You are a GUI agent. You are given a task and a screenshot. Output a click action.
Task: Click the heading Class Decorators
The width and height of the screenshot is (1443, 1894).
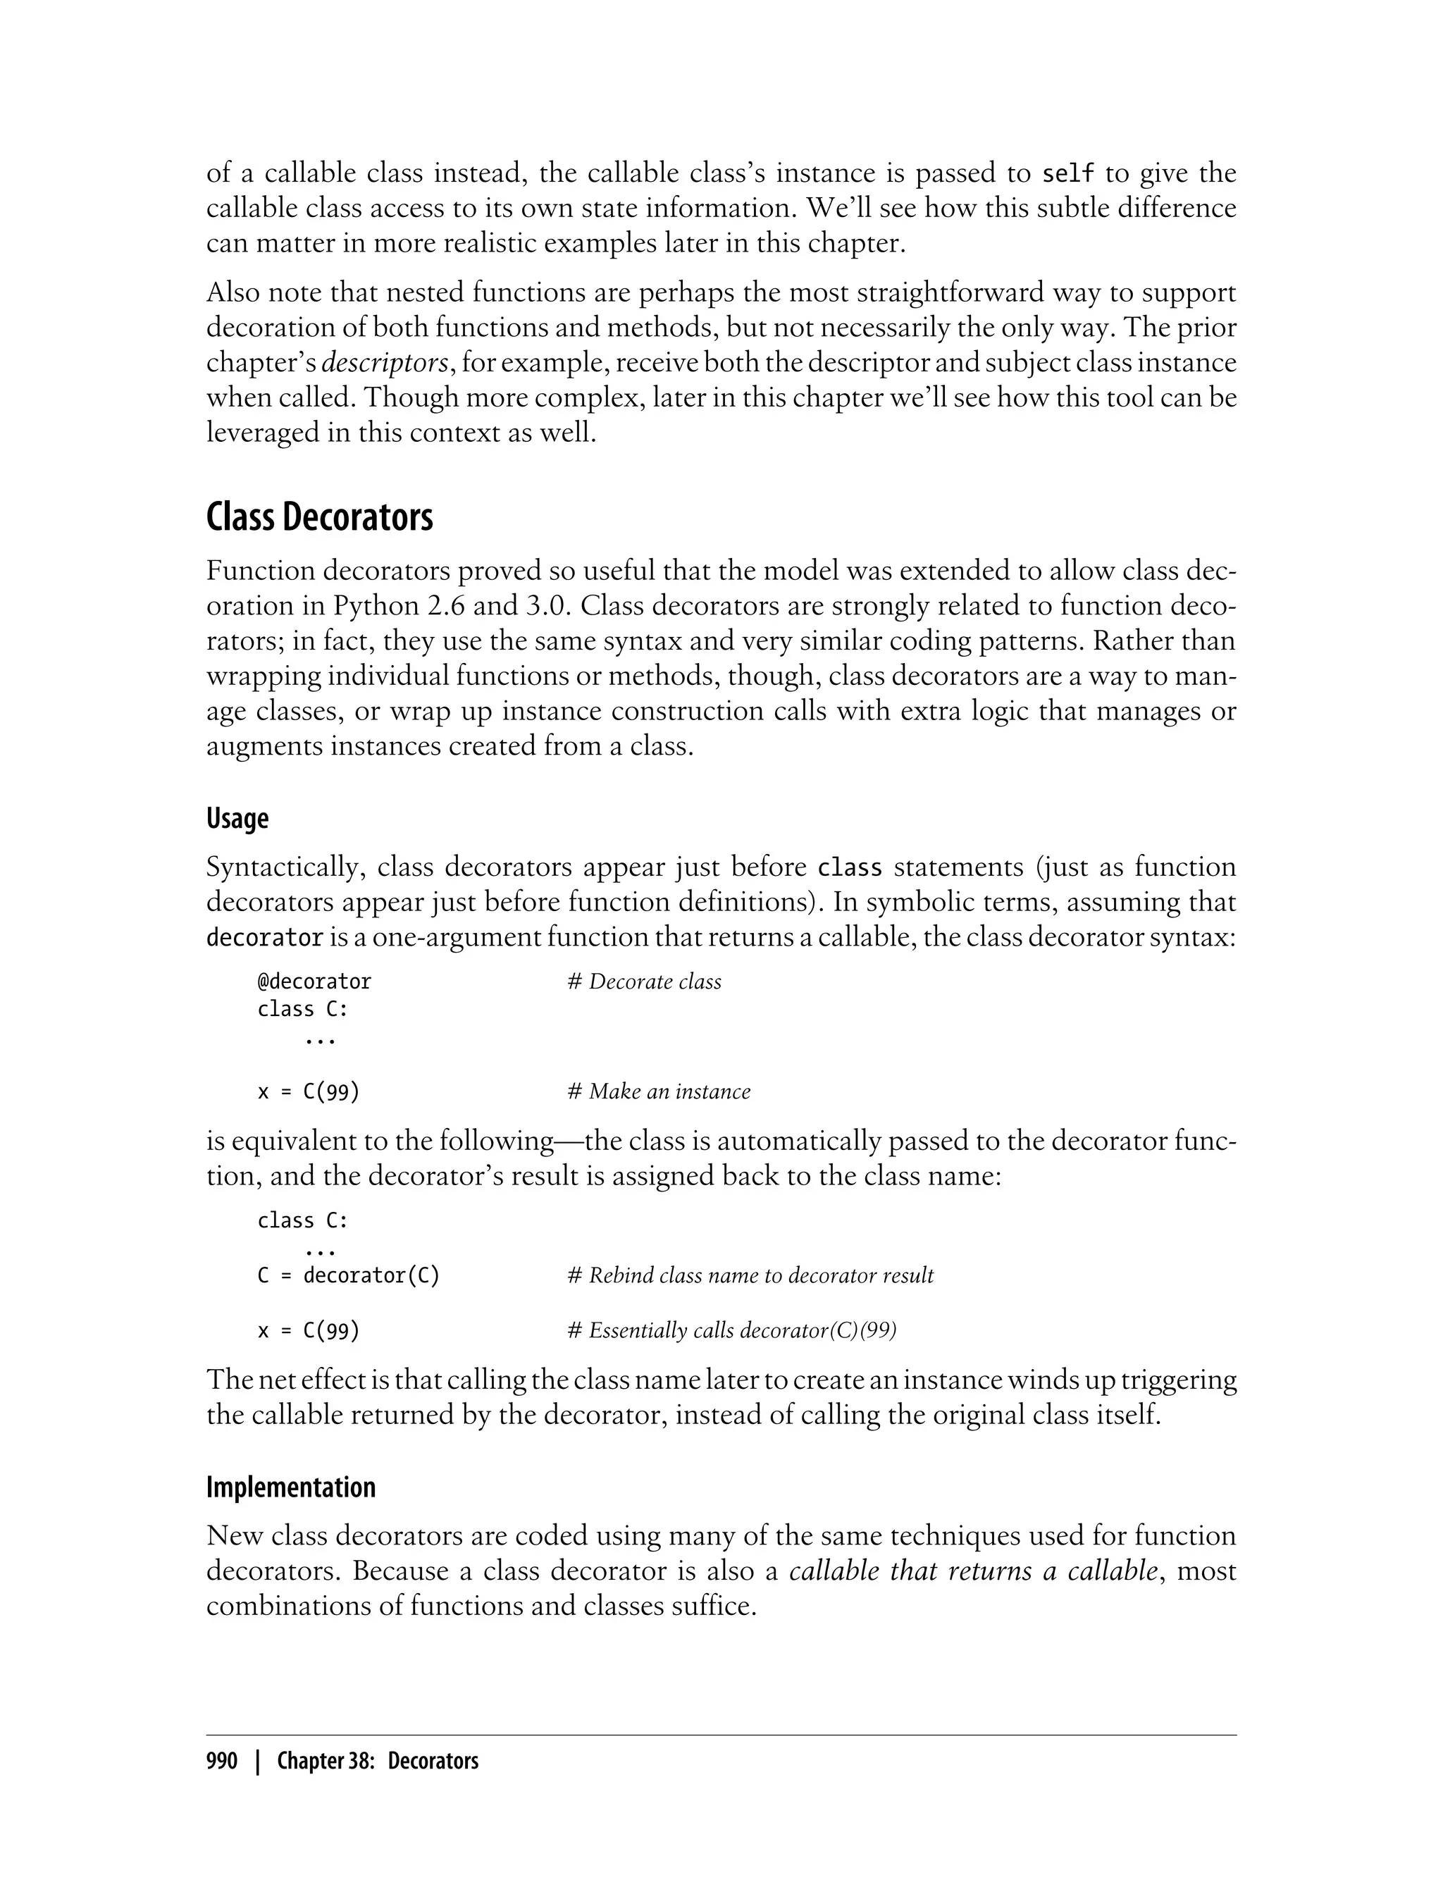tap(319, 518)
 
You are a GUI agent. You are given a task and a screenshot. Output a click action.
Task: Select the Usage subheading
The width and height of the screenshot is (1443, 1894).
tap(237, 819)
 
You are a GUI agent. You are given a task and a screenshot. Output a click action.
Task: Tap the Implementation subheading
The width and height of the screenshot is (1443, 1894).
tap(290, 1487)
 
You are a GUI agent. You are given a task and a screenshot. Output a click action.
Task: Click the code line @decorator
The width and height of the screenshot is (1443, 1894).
tap(314, 982)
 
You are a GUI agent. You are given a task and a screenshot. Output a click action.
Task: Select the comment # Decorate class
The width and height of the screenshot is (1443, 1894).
tap(644, 982)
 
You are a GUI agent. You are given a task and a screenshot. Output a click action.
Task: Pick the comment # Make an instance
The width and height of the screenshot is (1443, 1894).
tap(659, 1091)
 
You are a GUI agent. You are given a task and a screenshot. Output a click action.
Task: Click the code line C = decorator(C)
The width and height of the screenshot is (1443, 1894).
tap(349, 1275)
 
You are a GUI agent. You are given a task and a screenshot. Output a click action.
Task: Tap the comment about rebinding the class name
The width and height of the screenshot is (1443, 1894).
tap(750, 1275)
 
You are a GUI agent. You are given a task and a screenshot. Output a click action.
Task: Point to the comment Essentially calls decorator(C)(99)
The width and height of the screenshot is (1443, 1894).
tap(732, 1330)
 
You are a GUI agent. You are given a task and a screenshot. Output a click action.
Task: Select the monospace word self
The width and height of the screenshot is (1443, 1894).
tap(1067, 174)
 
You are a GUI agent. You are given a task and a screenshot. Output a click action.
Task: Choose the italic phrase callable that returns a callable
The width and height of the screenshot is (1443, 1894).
tap(974, 1571)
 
